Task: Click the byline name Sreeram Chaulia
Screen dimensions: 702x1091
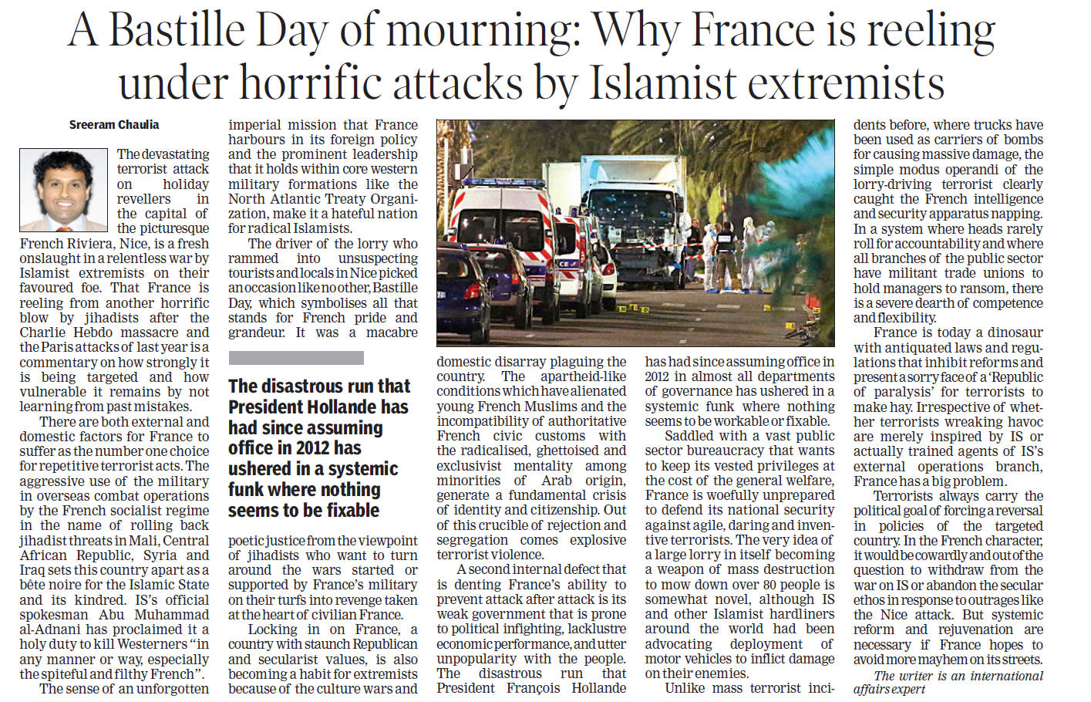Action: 114,124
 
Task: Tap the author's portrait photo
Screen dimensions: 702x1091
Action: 64,191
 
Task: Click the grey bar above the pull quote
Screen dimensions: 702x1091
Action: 296,358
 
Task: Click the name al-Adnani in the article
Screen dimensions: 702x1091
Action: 50,629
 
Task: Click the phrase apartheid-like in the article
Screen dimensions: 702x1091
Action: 583,377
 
